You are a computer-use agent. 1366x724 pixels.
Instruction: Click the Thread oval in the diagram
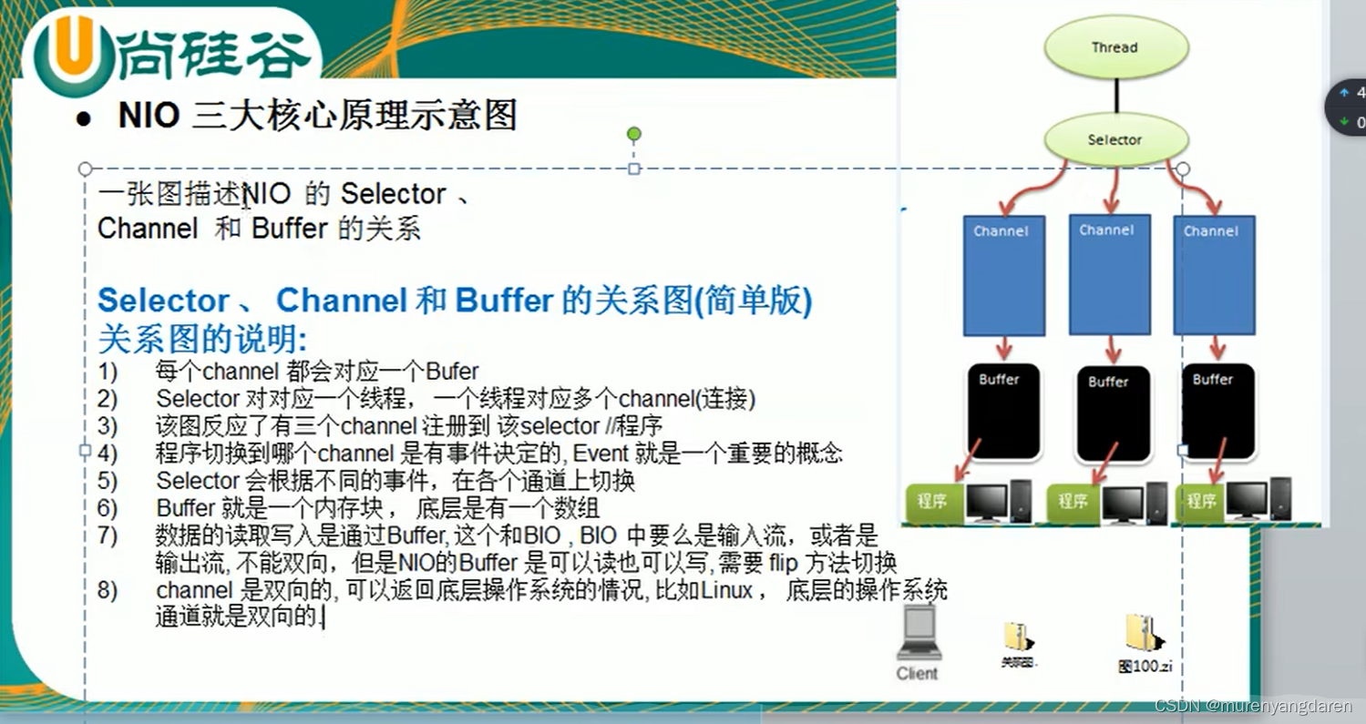[1114, 46]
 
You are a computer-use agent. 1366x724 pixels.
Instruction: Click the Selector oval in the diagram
[1114, 139]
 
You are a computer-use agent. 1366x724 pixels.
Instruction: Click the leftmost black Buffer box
[1001, 412]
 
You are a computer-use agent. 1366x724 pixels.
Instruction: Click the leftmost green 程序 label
[932, 501]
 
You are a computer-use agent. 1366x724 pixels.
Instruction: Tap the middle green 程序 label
[1073, 502]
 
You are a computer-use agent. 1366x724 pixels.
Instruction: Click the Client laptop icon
[917, 634]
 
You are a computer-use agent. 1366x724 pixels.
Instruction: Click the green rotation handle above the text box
[634, 135]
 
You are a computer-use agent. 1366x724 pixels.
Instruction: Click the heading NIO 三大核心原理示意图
[317, 116]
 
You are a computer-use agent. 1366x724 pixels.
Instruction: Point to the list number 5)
[108, 481]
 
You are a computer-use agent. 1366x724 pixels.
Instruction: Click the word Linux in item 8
[726, 590]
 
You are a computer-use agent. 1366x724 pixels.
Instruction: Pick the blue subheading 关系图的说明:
[202, 340]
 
